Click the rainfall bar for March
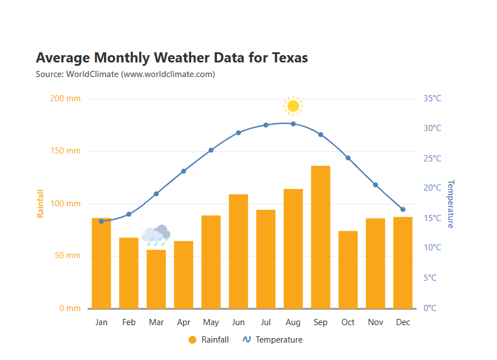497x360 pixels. [x=156, y=279]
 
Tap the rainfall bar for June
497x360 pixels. [x=238, y=251]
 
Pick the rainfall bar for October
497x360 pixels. [x=348, y=269]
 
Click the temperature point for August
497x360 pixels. [x=293, y=124]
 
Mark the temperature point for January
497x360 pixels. [x=101, y=221]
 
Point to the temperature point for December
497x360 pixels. [x=403, y=209]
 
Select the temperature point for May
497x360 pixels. [x=211, y=150]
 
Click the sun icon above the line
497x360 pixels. [x=292, y=105]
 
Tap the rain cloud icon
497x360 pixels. [x=156, y=235]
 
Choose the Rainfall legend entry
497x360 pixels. [x=209, y=340]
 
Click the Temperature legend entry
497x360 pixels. [x=273, y=340]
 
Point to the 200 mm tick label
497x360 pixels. [x=65, y=99]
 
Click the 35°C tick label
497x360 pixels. [x=432, y=99]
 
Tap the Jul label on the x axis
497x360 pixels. [x=265, y=322]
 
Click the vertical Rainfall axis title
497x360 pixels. [x=40, y=204]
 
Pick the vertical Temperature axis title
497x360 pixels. [x=450, y=204]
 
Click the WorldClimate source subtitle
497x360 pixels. [x=125, y=74]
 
